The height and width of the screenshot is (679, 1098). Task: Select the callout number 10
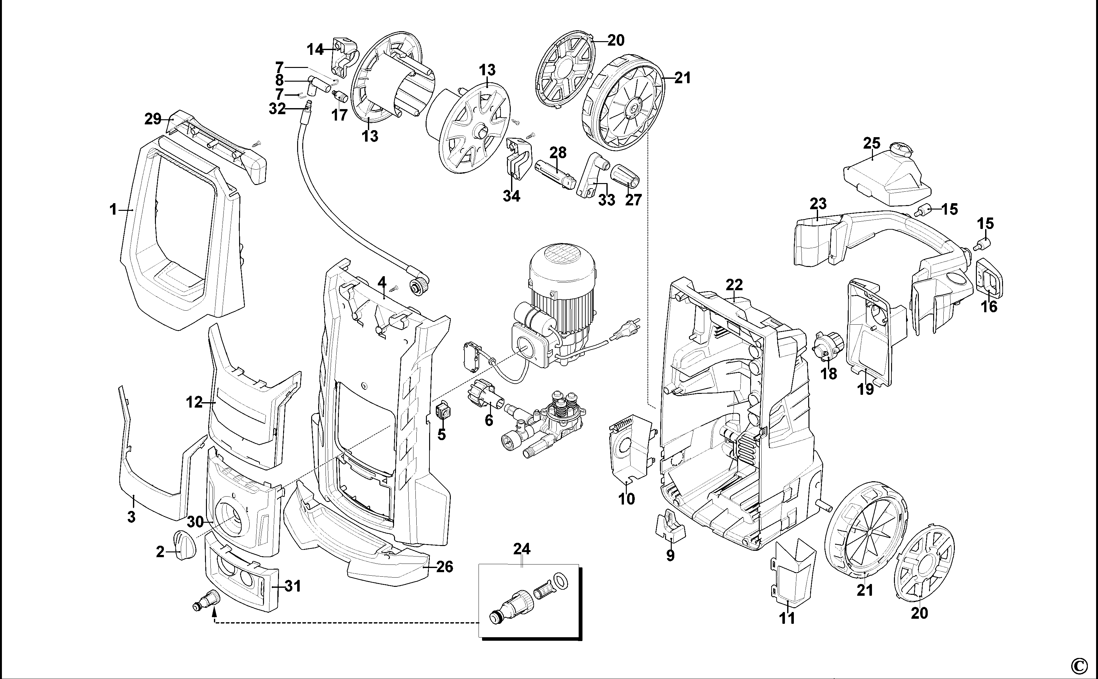click(627, 498)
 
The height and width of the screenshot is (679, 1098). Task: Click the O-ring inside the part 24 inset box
click(559, 581)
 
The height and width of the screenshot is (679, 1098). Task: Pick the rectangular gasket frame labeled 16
click(989, 278)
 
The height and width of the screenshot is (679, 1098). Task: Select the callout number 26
click(444, 567)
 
